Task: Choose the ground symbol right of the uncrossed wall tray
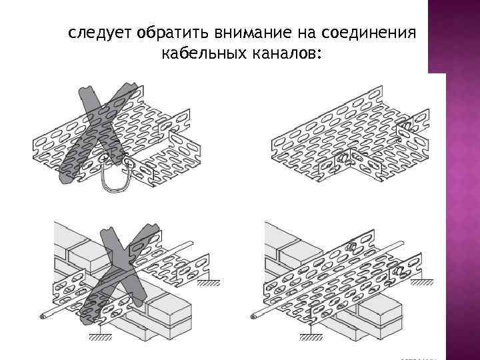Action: [421, 283]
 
